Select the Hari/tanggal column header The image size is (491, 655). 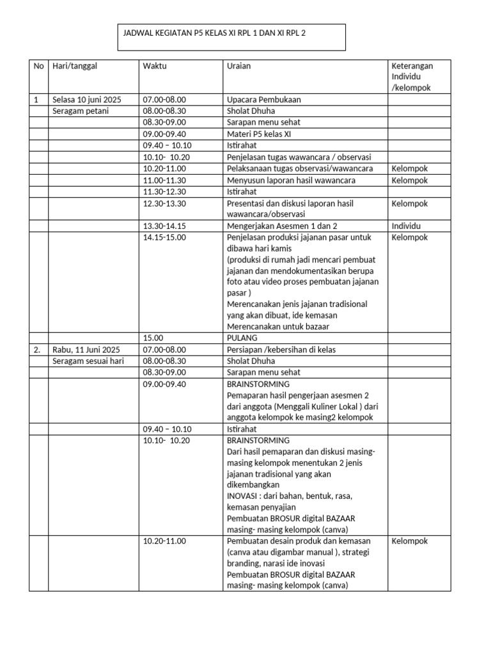coord(75,65)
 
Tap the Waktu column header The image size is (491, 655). coord(155,65)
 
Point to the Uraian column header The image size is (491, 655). coord(238,65)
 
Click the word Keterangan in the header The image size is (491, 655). coord(412,65)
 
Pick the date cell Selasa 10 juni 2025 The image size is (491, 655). coord(86,100)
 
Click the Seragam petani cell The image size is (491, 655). coord(81,111)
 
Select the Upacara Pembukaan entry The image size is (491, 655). coord(263,100)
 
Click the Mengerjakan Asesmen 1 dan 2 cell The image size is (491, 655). coord(282,226)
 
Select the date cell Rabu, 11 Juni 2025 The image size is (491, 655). coord(86,349)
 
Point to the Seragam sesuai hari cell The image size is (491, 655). coord(87,361)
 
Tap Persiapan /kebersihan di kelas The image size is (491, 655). coord(281,349)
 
